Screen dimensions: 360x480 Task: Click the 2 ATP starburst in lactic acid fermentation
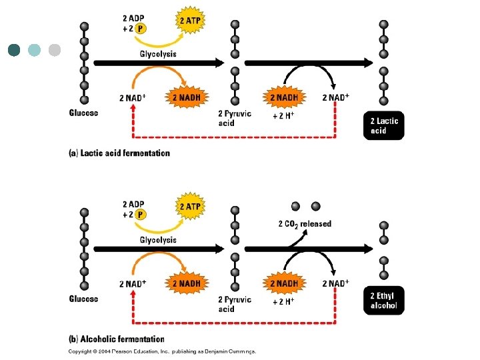189,21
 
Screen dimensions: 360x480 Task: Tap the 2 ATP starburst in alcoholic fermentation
189,207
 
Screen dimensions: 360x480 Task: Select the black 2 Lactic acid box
386,125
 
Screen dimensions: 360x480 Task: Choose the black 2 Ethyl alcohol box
386,301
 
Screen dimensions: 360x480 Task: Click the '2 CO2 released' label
305,224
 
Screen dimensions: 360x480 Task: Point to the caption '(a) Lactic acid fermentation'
120,153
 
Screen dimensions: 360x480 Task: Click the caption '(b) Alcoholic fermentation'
117,339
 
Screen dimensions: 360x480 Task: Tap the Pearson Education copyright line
162,351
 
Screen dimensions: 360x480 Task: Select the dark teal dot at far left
15,49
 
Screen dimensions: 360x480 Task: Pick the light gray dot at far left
55,49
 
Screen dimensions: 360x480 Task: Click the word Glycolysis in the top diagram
158,54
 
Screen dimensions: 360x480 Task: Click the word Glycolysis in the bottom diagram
158,239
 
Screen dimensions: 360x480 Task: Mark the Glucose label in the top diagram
83,113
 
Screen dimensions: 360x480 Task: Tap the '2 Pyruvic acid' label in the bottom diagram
235,304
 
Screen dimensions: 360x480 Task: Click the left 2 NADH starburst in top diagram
186,98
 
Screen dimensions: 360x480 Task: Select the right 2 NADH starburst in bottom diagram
285,283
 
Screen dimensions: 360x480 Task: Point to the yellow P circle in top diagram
141,28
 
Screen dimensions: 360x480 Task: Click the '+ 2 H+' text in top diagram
283,116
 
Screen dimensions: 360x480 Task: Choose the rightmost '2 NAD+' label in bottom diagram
335,283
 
